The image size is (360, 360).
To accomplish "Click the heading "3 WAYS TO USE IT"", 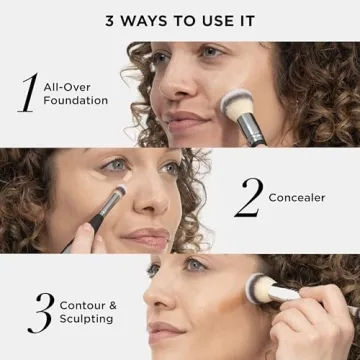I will tap(180, 19).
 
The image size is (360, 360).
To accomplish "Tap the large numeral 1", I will tap(28, 92).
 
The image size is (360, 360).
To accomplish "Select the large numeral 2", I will tap(247, 197).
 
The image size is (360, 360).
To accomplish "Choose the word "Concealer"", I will tap(296, 198).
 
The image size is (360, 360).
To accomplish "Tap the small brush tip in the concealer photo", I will tap(117, 192).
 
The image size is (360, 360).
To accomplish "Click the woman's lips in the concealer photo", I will tap(147, 237).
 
